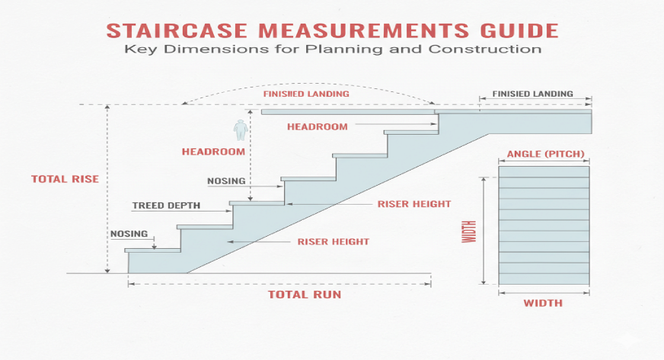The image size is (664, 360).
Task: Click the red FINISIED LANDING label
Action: click(306, 94)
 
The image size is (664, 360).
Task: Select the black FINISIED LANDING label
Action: click(532, 94)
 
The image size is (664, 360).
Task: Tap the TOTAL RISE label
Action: click(65, 179)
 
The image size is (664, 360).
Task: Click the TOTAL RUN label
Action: click(304, 294)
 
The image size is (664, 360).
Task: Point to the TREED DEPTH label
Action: click(167, 205)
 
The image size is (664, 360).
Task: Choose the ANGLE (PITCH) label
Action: click(545, 155)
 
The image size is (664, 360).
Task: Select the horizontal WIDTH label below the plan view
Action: click(543, 303)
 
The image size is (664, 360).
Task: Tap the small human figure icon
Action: click(241, 130)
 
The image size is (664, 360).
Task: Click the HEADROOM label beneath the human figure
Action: click(213, 151)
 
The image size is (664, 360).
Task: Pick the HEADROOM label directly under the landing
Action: click(317, 126)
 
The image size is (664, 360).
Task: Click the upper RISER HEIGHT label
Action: click(414, 204)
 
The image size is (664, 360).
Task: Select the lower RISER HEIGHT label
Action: click(333, 241)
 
